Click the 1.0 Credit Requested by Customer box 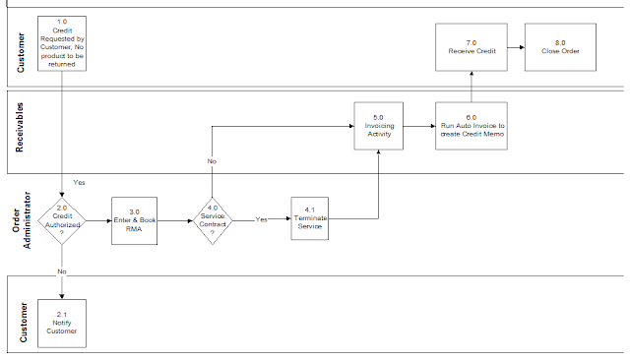(x=64, y=42)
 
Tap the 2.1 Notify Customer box (x=64, y=324)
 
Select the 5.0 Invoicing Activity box (x=379, y=126)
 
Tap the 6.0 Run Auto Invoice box (x=471, y=126)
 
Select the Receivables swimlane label (x=21, y=132)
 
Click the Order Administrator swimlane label (x=21, y=220)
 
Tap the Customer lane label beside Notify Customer (x=21, y=319)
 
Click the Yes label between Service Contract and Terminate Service (x=262, y=218)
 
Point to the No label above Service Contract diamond (x=212, y=160)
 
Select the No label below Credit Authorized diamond (x=62, y=270)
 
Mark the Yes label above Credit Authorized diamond (x=80, y=181)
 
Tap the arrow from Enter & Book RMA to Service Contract (x=173, y=221)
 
